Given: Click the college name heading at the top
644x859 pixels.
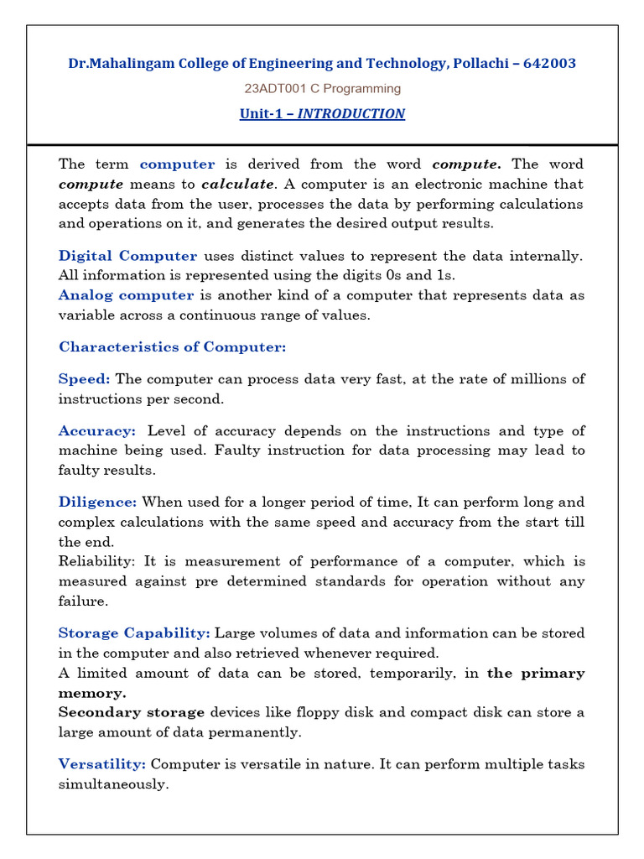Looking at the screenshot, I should pos(322,63).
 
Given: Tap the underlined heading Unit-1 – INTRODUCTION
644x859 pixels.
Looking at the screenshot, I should pos(322,113).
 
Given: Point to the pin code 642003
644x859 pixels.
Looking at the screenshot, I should pos(549,63).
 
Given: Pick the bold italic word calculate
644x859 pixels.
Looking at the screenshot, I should pos(237,184).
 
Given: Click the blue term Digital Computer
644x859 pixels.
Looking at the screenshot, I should pos(127,256).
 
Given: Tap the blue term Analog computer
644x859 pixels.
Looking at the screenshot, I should pos(126,295).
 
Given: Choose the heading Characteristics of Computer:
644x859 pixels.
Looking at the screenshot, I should pos(172,346).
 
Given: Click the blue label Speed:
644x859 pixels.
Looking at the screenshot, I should pos(84,379).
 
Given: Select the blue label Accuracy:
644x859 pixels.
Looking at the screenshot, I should pos(96,430).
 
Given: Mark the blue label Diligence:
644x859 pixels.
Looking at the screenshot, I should pos(97,502).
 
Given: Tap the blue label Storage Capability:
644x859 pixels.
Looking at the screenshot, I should pos(134,633).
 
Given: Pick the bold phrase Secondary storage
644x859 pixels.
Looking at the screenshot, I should pos(131,712).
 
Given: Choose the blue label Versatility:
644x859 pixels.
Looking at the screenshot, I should pos(102,764).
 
